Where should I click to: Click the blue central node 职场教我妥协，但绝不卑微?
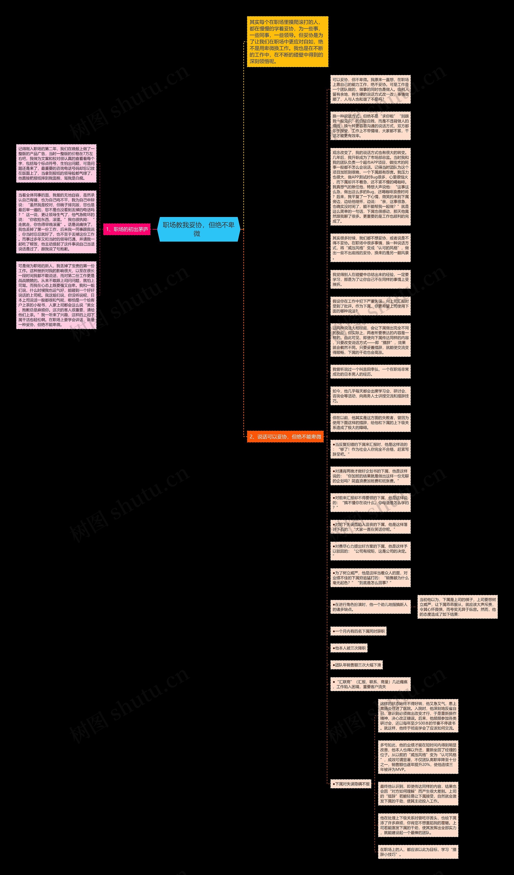(199, 229)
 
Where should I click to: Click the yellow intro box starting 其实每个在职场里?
(287, 42)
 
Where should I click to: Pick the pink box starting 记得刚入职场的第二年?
(56, 164)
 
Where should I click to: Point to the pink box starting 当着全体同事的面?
(56, 222)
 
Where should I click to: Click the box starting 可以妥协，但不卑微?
(370, 89)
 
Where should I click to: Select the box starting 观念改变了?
(370, 187)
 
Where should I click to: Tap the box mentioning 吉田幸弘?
(370, 372)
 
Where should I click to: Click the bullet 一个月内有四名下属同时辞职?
(358, 631)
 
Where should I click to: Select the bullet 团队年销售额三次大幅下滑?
(356, 665)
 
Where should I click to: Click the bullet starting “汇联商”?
(370, 684)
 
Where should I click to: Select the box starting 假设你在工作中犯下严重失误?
(370, 306)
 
